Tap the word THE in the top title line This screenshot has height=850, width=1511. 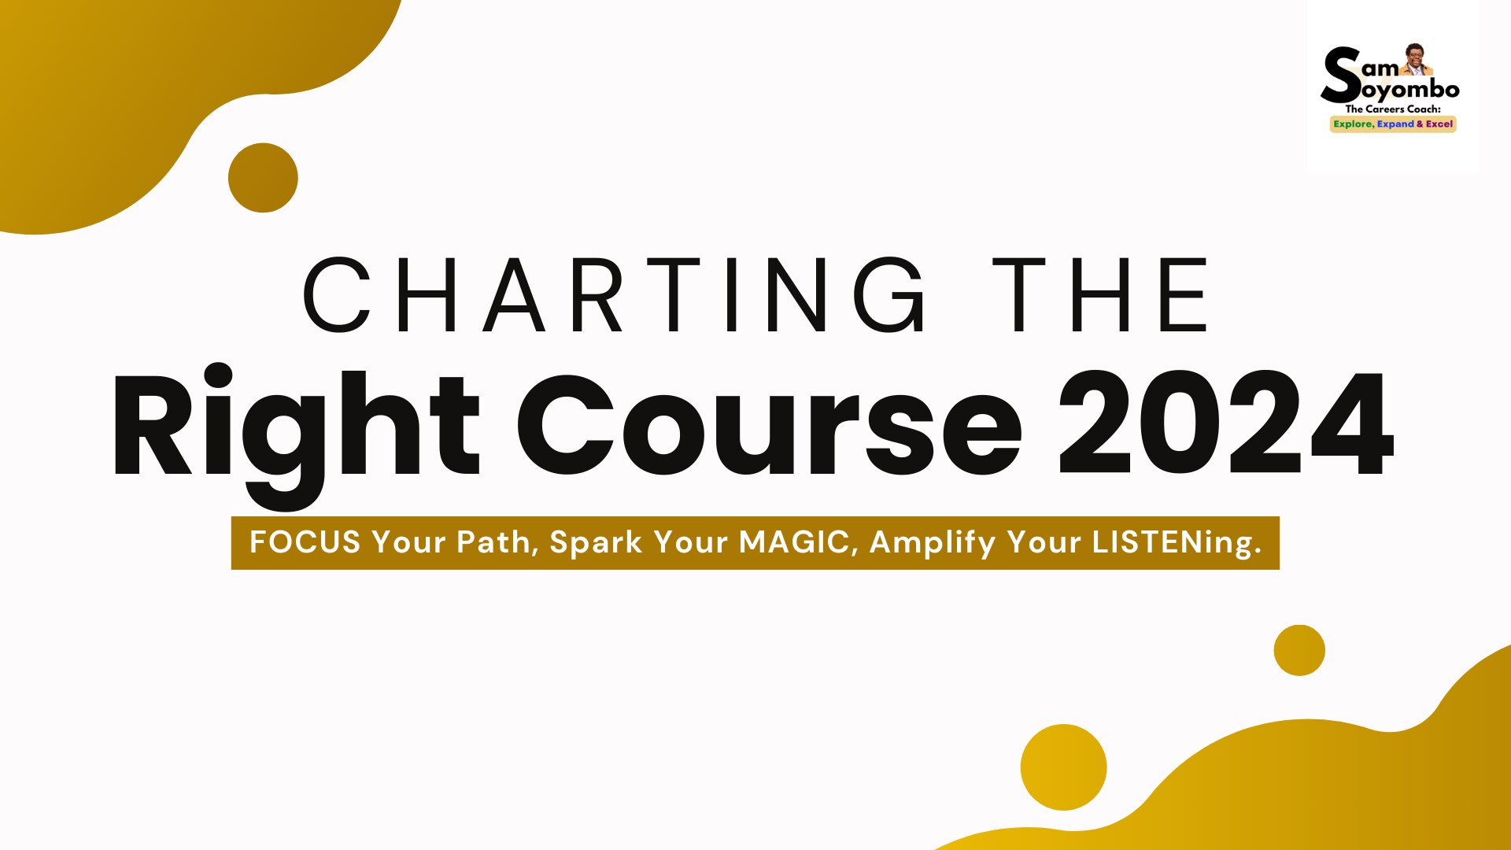coord(1100,295)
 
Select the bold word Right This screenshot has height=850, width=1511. coord(295,425)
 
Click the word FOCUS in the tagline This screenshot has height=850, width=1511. coord(305,542)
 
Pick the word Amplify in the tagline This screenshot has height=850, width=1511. coord(933,542)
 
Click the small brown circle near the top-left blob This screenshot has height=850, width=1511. coord(263,178)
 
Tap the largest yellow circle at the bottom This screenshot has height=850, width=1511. coord(1063,767)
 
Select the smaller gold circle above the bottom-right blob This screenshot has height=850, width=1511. coord(1299,650)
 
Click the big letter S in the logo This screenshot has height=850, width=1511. coord(1341,75)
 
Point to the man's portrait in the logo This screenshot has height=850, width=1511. coord(1415,59)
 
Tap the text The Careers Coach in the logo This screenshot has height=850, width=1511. coord(1392,109)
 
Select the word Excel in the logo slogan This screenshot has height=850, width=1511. coord(1439,124)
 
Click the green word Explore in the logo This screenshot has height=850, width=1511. coord(1353,124)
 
